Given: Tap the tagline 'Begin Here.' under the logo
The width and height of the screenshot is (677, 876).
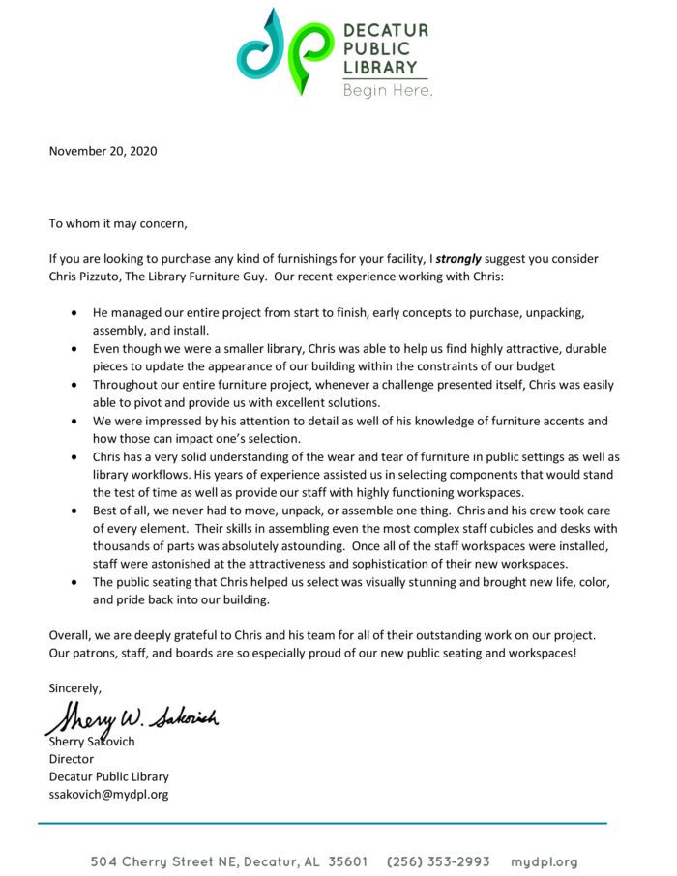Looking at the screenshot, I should pos(387,91).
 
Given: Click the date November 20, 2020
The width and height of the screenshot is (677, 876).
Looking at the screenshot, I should pos(103,151).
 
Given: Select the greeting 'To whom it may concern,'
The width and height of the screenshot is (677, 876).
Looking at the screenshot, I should pos(118,224).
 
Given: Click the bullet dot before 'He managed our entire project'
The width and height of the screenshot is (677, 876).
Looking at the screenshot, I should pos(76,315).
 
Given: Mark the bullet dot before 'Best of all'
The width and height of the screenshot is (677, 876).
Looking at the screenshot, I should pos(76,512).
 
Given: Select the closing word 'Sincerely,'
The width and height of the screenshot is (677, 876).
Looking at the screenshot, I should pos(75,687).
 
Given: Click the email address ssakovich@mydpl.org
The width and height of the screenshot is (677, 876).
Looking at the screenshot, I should pos(108,794).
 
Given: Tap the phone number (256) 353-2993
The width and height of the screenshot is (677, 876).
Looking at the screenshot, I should pos(438,861).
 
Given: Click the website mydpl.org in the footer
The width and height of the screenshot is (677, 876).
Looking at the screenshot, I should pos(544,861).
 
